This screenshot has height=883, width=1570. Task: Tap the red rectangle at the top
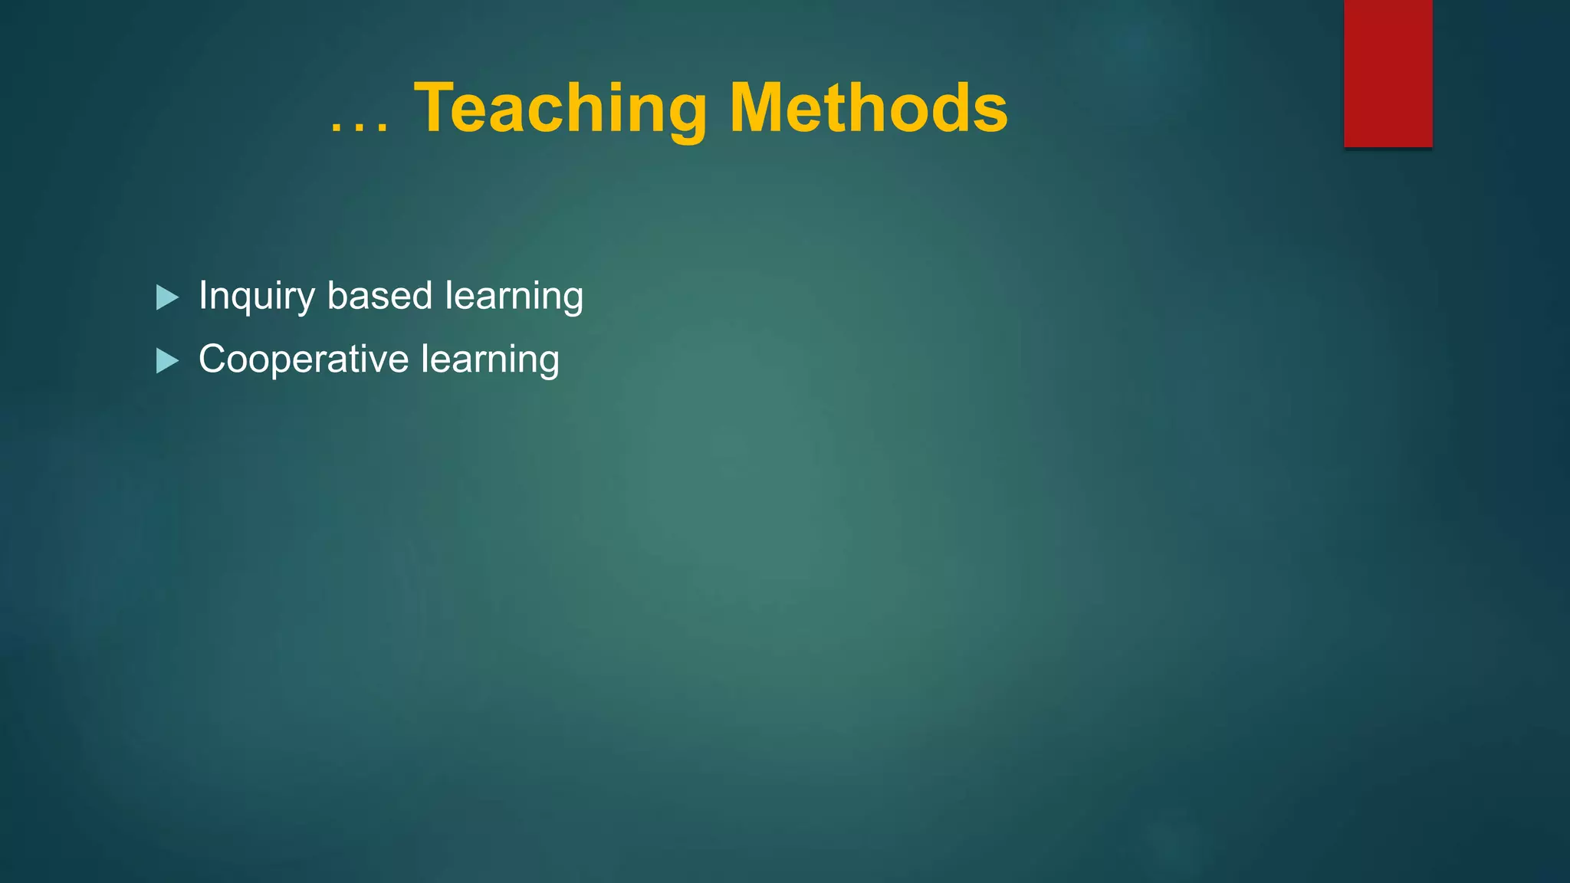click(1388, 73)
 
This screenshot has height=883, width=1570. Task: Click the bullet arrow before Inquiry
click(167, 297)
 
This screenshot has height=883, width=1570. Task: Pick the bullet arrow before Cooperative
click(167, 360)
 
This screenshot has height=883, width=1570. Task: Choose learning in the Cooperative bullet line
click(490, 359)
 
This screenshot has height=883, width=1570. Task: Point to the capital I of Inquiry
click(203, 295)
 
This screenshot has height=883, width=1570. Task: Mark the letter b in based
click(337, 295)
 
